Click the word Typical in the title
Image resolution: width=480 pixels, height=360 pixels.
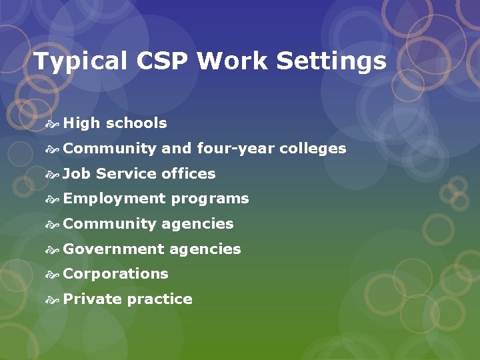click(79, 62)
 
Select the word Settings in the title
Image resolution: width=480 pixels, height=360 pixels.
click(331, 62)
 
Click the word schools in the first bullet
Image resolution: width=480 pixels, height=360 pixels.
click(137, 123)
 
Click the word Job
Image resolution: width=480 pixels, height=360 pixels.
click(77, 174)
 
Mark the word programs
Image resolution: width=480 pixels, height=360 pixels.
click(210, 199)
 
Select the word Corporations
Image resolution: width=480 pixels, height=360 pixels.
click(115, 274)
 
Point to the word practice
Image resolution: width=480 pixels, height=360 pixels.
click(160, 299)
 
